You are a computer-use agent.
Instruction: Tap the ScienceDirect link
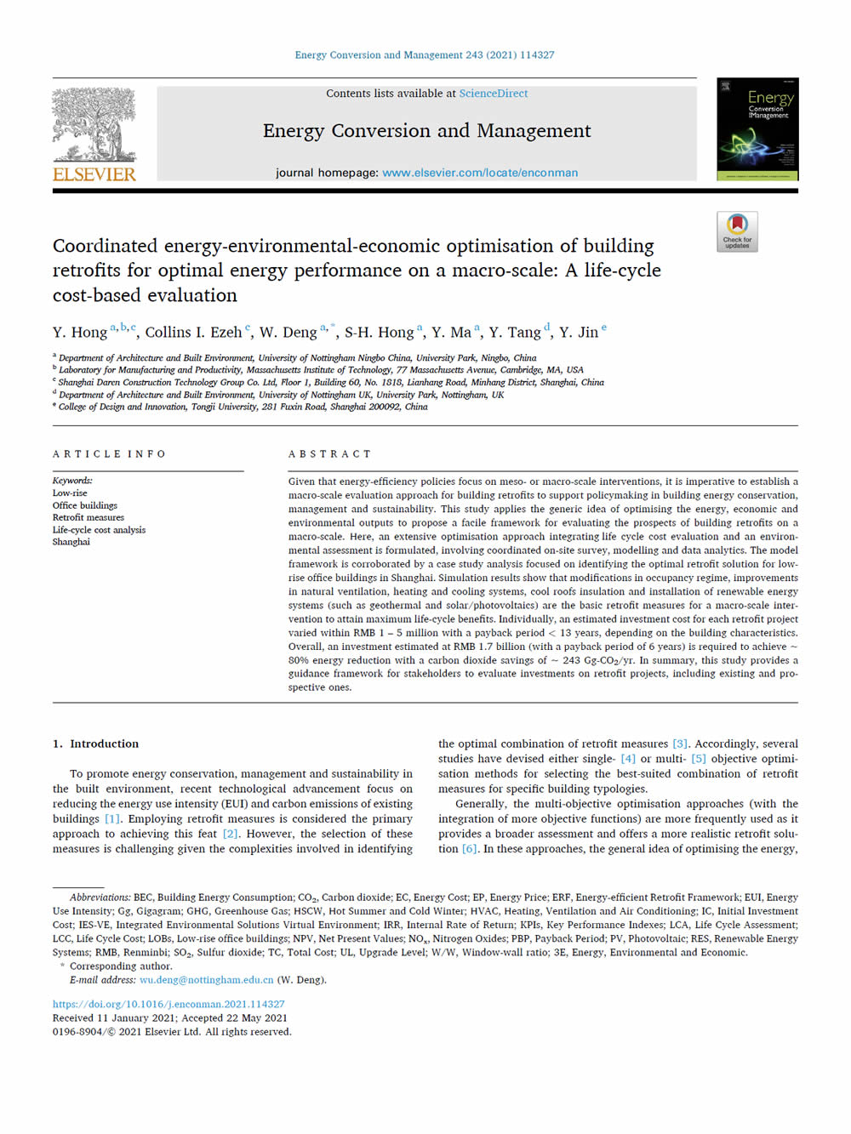point(494,94)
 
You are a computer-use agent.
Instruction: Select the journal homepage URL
point(480,173)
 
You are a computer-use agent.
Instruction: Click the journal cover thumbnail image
point(757,129)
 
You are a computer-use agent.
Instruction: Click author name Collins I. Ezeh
point(193,333)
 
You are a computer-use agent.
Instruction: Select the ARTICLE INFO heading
point(109,454)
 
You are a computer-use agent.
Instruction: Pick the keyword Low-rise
point(70,493)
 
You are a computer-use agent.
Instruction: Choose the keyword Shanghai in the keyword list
point(71,542)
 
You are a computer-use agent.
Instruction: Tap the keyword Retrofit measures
point(89,517)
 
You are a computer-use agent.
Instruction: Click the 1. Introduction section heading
point(95,744)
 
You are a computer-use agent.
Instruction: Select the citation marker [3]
point(680,744)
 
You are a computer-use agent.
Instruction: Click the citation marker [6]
point(470,849)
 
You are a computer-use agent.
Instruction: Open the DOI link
point(168,1004)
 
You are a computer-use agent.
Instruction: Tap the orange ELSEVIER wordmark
point(94,174)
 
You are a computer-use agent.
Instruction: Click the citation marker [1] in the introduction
point(112,819)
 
